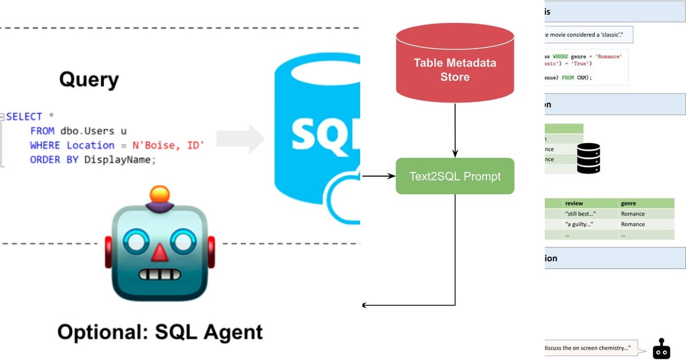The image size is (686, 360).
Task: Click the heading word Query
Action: pyautogui.click(x=89, y=80)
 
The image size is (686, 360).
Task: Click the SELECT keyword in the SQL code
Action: pyautogui.click(x=24, y=117)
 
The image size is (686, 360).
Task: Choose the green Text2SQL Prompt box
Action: pyautogui.click(x=455, y=176)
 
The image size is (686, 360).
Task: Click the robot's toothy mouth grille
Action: pyautogui.click(x=159, y=274)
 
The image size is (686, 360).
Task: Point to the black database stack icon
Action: pyautogui.click(x=588, y=158)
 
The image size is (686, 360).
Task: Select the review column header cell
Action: pyautogui.click(x=589, y=203)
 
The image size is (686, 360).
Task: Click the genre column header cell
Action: pyautogui.click(x=646, y=203)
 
